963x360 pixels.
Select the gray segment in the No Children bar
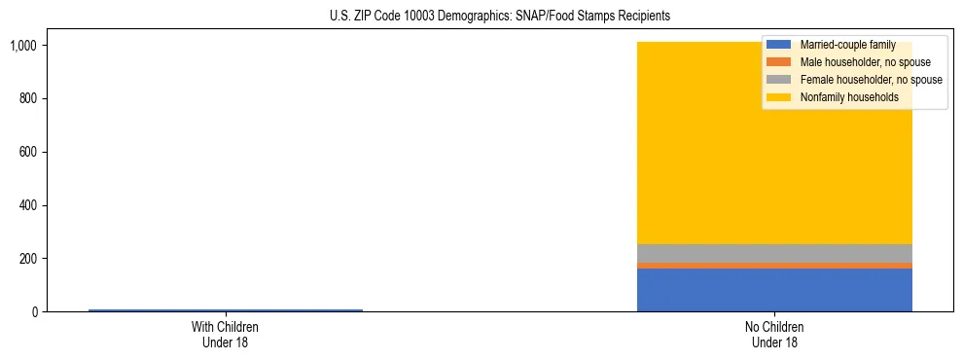(774, 253)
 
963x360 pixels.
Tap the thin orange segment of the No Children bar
(774, 266)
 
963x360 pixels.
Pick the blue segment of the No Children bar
(774, 290)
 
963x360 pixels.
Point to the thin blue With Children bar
(225, 310)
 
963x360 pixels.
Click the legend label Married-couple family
(847, 45)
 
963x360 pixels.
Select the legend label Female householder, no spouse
(871, 80)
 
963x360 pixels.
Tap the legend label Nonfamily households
(849, 97)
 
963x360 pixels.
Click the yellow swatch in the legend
(778, 97)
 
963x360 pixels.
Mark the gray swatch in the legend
(778, 80)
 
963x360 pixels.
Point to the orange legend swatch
(778, 62)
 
